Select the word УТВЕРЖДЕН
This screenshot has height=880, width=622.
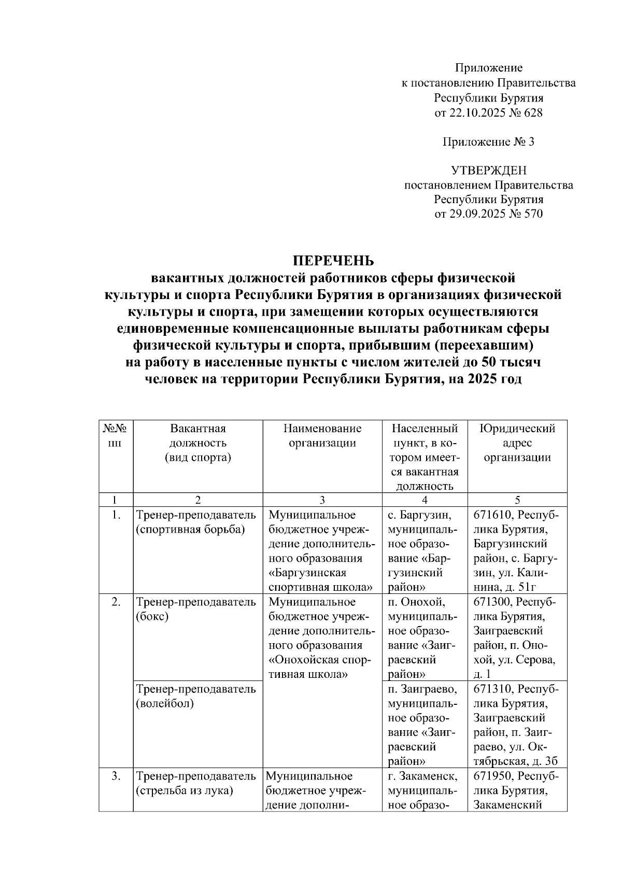[x=488, y=171]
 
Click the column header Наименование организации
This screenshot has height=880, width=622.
[x=322, y=435]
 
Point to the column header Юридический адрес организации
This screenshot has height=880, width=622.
[x=517, y=443]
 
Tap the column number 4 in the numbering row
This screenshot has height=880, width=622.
[x=425, y=500]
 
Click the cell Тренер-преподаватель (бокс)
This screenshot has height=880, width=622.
[x=195, y=609]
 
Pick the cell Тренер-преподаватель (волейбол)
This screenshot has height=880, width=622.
[x=195, y=696]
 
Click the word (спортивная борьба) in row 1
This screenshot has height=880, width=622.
[x=190, y=530]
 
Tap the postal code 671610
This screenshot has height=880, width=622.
[x=493, y=515]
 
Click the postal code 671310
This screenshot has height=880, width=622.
[x=493, y=689]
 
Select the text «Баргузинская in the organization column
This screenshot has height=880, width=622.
[x=308, y=573]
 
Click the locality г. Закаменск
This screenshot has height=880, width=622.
[x=421, y=776]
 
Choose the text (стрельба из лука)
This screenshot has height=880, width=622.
[x=185, y=791]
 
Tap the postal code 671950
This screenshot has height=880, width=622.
[x=493, y=776]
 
